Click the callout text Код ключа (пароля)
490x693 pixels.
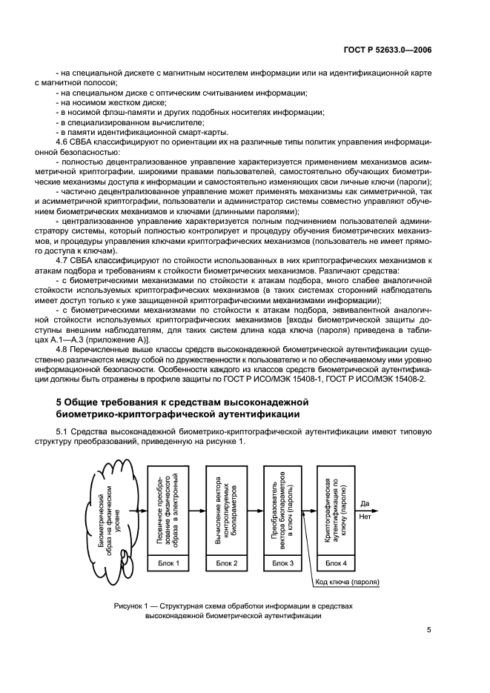(x=346, y=582)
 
